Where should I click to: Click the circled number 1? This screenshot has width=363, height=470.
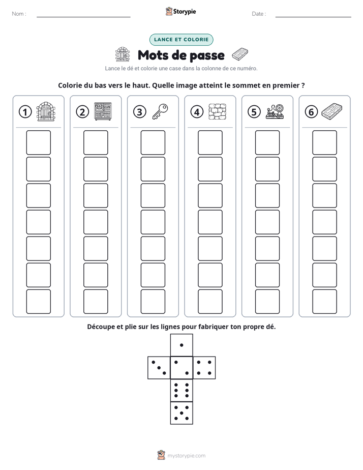click(x=25, y=112)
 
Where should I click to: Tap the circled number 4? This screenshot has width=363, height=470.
click(x=197, y=112)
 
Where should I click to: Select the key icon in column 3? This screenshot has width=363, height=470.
click(x=160, y=111)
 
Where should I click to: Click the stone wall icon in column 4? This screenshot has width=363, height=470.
click(x=218, y=112)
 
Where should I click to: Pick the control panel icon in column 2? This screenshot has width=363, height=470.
click(x=103, y=111)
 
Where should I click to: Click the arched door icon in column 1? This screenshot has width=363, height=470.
click(x=46, y=111)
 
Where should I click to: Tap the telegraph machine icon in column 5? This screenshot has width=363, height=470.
click(x=275, y=111)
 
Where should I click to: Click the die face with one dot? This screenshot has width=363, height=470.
click(x=181, y=345)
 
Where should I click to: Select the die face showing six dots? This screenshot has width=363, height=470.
click(x=181, y=390)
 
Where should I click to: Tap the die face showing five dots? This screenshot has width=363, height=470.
click(x=181, y=413)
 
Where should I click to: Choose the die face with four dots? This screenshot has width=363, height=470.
click(x=204, y=368)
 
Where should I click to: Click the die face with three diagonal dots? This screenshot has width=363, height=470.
click(x=159, y=368)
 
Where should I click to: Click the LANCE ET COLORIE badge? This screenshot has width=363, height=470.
click(x=181, y=40)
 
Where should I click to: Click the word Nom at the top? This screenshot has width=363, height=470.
click(x=18, y=14)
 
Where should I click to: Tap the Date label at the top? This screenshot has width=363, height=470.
click(x=258, y=14)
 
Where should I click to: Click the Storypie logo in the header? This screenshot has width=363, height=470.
click(x=180, y=11)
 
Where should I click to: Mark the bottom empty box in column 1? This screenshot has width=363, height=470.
click(x=38, y=302)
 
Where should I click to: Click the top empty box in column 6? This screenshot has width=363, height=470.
click(x=325, y=142)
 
